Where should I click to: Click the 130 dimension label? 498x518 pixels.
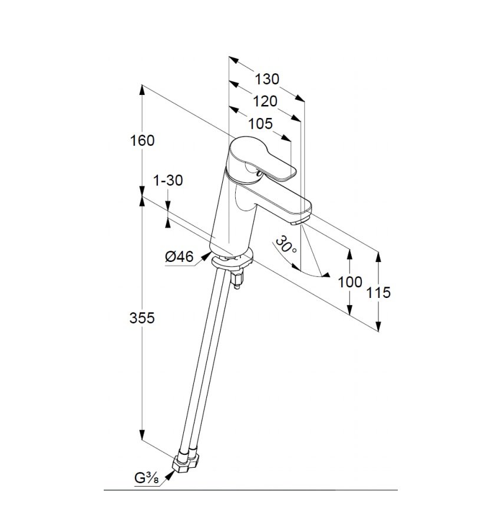pyautogui.click(x=267, y=79)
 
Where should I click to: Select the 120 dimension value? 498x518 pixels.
pyautogui.click(x=265, y=101)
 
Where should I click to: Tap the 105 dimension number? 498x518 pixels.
pyautogui.click(x=260, y=124)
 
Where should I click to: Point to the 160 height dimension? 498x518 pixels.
pyautogui.click(x=142, y=141)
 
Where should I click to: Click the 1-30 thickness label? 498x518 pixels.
pyautogui.click(x=169, y=181)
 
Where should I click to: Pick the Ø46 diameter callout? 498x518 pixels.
pyautogui.click(x=179, y=257)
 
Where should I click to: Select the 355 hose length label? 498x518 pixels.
pyautogui.click(x=142, y=318)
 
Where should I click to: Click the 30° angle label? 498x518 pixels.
pyautogui.click(x=286, y=244)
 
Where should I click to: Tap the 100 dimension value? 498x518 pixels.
pyautogui.click(x=350, y=282)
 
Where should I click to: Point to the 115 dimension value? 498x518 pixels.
pyautogui.click(x=378, y=293)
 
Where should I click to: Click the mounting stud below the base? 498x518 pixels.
pyautogui.click(x=238, y=280)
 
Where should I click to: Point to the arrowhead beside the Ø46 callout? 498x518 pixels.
pyautogui.click(x=206, y=255)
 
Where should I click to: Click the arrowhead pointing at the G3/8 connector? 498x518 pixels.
pyautogui.click(x=169, y=476)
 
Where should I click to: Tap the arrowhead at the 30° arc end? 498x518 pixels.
pyautogui.click(x=325, y=275)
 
